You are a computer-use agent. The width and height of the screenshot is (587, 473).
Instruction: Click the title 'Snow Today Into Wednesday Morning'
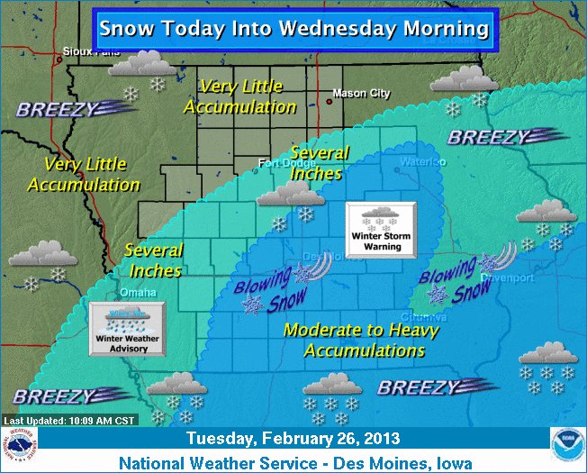293,28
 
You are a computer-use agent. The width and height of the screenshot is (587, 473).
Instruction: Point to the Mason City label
362,93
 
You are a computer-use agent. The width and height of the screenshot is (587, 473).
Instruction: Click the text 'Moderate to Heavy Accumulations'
361,340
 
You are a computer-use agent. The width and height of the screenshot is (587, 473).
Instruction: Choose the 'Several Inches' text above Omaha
153,260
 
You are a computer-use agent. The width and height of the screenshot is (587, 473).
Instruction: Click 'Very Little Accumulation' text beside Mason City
240,96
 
